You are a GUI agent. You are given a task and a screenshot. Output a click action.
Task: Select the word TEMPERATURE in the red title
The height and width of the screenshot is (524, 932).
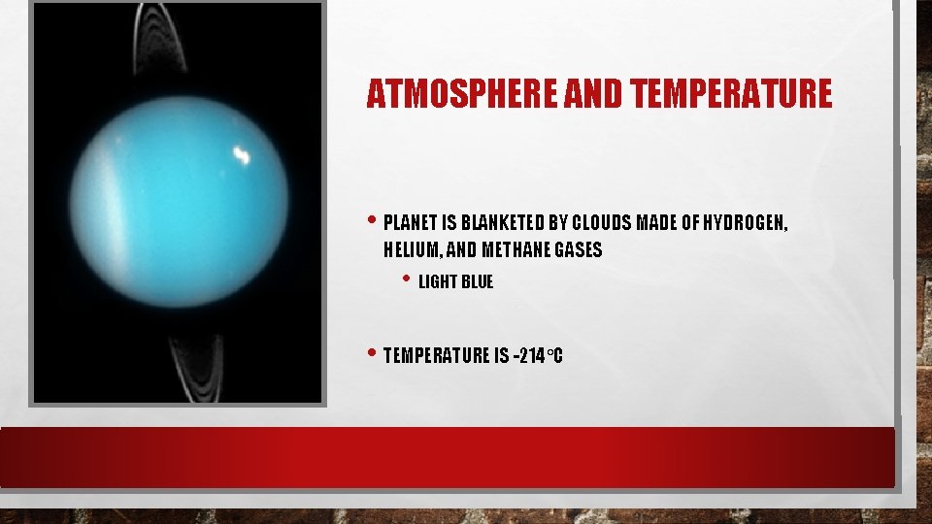730,94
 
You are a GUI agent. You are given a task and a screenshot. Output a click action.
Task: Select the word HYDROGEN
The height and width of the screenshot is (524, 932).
745,223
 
